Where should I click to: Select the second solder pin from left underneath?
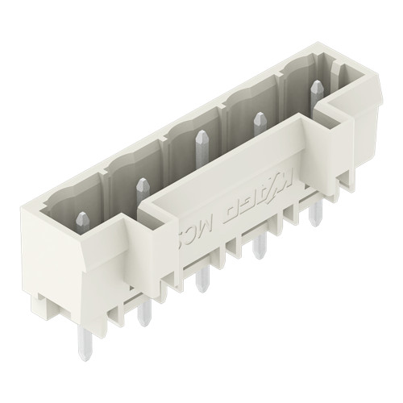click(x=143, y=310)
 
